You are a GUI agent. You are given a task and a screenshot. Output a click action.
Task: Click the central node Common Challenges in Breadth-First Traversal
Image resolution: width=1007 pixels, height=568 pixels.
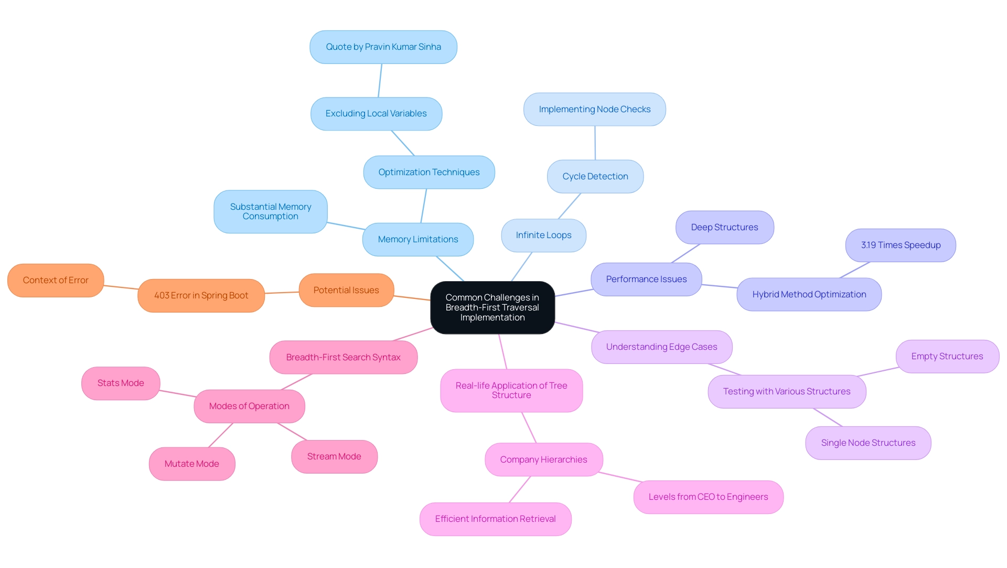coord(492,307)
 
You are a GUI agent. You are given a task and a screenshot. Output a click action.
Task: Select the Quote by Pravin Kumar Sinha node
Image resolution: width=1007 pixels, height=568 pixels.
coord(383,47)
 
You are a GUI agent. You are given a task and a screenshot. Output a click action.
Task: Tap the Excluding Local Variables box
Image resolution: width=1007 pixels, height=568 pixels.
coord(376,114)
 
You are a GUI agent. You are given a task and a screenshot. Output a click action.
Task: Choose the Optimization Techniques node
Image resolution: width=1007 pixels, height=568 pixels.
coord(428,172)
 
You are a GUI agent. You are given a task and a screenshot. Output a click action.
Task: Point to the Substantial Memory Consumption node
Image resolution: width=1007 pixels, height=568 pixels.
coord(270,211)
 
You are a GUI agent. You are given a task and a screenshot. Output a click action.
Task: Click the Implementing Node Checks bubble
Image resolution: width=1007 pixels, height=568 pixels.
coord(594,110)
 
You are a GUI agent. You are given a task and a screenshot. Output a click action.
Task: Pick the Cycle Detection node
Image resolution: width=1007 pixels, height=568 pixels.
coord(595,177)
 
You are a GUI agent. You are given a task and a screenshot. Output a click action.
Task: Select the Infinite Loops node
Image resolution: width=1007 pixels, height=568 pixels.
coord(543,235)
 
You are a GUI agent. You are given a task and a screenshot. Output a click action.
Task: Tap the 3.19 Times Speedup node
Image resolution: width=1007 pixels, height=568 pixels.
coord(901,245)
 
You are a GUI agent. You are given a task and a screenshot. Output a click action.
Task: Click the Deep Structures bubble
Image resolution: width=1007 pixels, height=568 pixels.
coord(724,228)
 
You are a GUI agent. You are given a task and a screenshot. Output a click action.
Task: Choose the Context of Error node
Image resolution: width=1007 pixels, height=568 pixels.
coord(56,281)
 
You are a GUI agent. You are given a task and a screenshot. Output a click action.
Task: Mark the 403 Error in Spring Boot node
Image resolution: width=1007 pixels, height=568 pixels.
coord(201,296)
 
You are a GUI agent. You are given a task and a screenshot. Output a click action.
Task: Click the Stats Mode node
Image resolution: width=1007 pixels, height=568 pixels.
coord(121,383)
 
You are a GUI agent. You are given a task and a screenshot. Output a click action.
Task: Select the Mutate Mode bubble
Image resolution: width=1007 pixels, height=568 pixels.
coord(192,464)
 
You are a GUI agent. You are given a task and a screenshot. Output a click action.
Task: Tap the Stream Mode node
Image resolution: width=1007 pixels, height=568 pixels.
coord(334,457)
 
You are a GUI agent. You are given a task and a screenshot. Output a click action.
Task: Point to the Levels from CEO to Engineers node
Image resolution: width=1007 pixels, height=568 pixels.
coord(708,497)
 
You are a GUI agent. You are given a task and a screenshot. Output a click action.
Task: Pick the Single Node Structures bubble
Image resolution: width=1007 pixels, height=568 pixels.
coord(868,443)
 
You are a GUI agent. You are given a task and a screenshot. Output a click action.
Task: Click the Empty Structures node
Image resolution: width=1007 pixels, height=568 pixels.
coord(947,357)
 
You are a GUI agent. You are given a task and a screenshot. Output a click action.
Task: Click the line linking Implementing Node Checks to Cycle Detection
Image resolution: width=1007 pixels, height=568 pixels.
coord(595,143)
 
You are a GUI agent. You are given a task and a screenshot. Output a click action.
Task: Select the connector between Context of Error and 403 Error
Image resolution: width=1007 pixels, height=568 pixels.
coord(121,287)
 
